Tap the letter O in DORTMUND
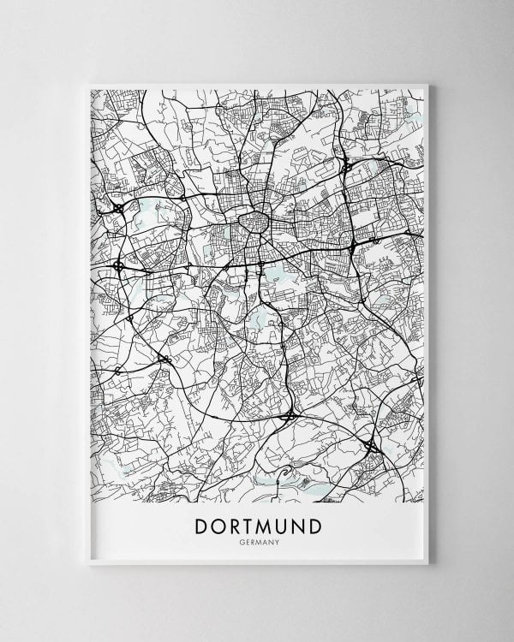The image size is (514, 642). click(218, 526)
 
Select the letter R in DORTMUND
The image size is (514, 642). click(235, 526)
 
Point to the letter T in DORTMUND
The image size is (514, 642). click(250, 526)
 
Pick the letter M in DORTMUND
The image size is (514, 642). click(268, 526)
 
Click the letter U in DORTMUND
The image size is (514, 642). click(287, 526)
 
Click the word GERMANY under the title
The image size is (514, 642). click(258, 541)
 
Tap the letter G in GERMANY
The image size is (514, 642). click(245, 541)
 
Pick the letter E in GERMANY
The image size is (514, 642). click(249, 541)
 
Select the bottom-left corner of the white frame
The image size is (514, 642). click(87, 564)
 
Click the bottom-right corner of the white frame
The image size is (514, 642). click(427, 564)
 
